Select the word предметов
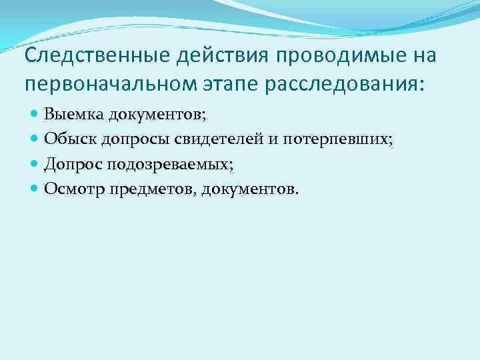pyautogui.click(x=143, y=189)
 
